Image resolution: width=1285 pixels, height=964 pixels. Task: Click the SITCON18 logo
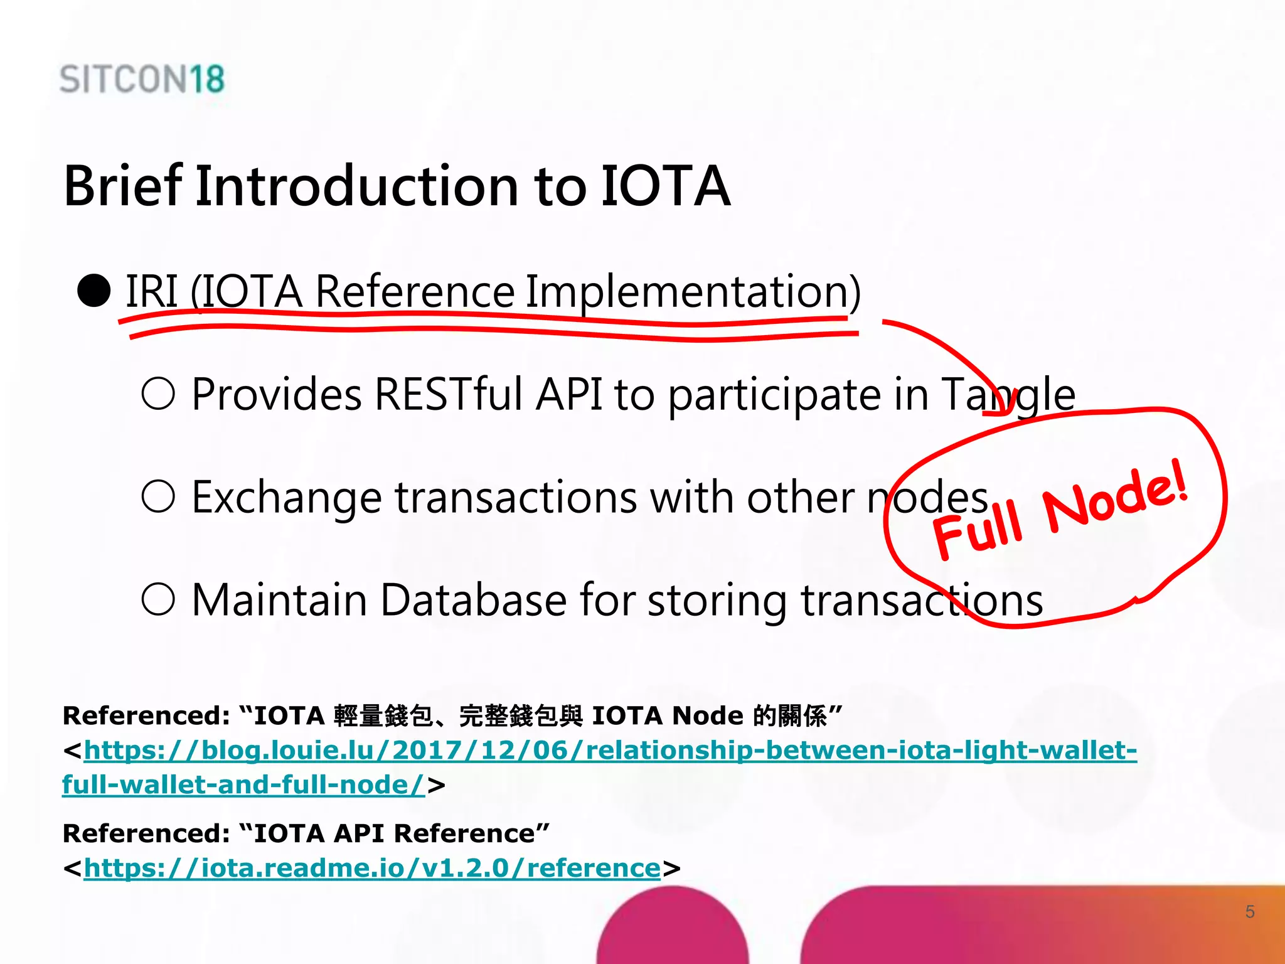pos(142,80)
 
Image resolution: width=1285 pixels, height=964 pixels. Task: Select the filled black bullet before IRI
pos(94,291)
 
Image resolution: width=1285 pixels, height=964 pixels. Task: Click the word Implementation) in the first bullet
pos(693,292)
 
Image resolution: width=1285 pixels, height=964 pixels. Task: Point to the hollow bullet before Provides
pos(158,394)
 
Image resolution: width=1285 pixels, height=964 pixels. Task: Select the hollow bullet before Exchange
pos(158,497)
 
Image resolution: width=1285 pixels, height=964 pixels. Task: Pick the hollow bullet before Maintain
pos(158,599)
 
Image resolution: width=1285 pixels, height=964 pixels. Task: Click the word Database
pos(474,600)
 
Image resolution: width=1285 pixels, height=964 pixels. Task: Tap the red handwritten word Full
pos(978,531)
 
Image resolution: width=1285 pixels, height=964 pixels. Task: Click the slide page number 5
pos(1250,912)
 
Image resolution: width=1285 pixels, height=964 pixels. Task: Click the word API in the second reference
pos(358,833)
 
